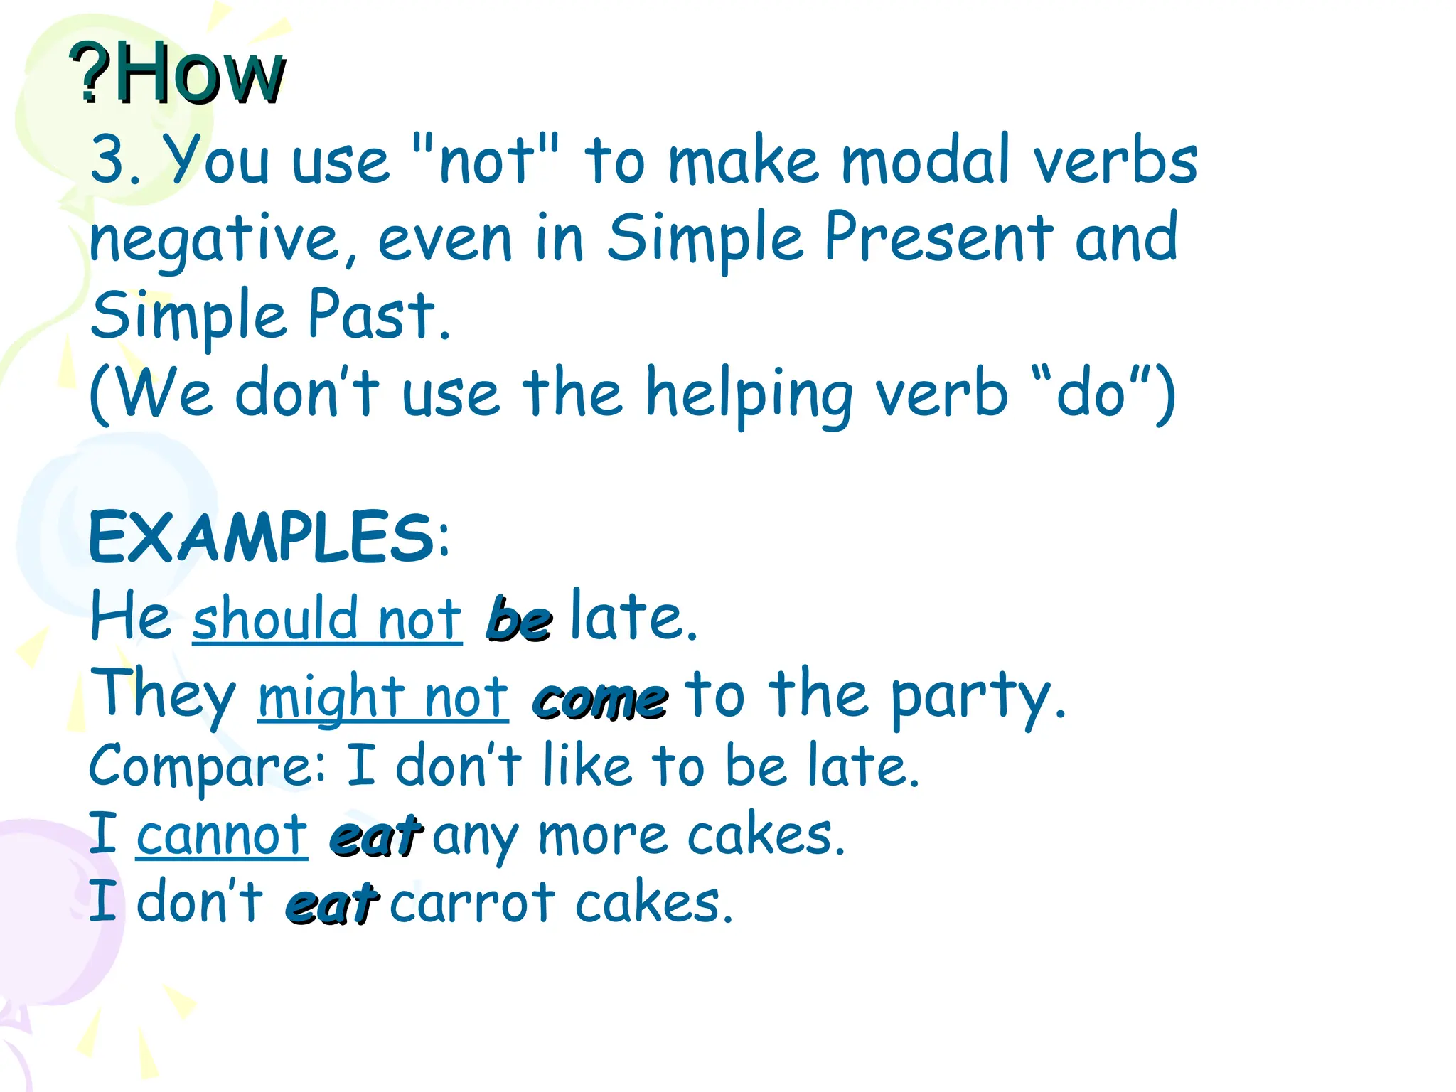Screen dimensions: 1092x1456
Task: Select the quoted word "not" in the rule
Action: pos(486,159)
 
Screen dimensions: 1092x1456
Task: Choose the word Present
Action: pos(938,237)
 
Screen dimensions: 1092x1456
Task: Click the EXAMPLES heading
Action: pos(263,537)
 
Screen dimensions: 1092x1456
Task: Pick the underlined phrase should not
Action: pos(327,619)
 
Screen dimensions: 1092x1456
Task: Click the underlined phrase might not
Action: pos(383,697)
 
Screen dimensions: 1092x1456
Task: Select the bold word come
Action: pos(601,700)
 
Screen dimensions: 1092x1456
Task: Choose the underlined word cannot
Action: pos(222,836)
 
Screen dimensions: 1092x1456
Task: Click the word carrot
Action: pos(472,903)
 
